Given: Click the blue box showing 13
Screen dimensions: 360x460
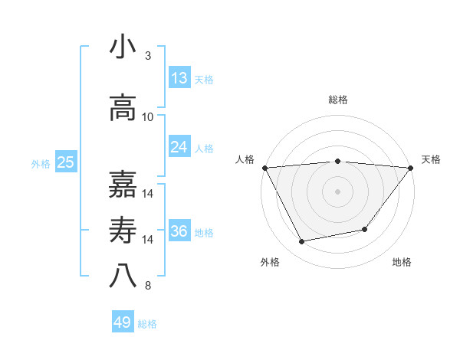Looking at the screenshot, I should (x=179, y=78).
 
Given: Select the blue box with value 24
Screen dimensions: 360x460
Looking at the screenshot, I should (x=179, y=147).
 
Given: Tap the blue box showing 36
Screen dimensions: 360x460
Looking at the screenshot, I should (x=179, y=231).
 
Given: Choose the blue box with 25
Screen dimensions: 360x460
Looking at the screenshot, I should (x=65, y=162).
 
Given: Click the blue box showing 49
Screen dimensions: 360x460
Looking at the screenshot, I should (x=123, y=322).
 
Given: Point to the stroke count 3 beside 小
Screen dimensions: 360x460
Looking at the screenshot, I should (x=148, y=56).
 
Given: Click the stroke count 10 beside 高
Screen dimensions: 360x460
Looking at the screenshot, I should (x=148, y=117).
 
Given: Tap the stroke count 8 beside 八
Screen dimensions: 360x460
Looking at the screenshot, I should (x=148, y=286).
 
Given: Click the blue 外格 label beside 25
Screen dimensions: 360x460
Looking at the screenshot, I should (x=41, y=163).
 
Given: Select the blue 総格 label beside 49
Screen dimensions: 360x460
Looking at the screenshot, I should (x=148, y=324).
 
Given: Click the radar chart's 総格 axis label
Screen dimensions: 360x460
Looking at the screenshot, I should (x=338, y=100).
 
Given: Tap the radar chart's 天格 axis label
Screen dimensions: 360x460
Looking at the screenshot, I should (x=432, y=159).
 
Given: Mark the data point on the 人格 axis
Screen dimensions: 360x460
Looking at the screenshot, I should (x=264, y=167).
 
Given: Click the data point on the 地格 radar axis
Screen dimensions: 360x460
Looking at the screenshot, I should (x=365, y=229).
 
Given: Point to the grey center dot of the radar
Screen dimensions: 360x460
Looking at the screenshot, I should (x=338, y=191).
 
